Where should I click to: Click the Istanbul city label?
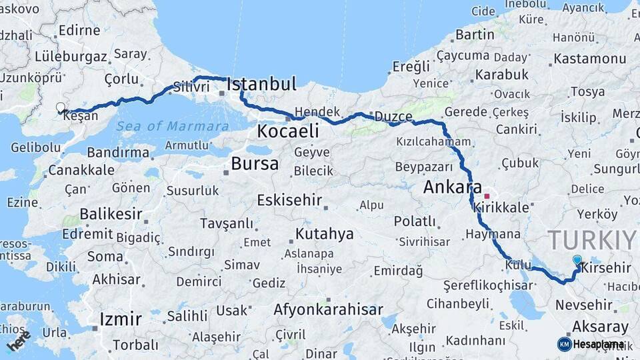(x=261, y=84)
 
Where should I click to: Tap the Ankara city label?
(x=453, y=187)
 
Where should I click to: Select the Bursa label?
(x=255, y=163)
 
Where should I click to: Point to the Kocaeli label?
(x=288, y=131)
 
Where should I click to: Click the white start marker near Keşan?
(x=61, y=107)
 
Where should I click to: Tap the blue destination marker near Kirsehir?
(x=577, y=261)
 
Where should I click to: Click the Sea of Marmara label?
(x=173, y=126)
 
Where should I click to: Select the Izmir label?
(x=120, y=319)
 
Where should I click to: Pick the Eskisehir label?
(x=289, y=200)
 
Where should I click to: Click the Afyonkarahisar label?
(x=328, y=310)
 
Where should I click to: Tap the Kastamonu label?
(x=590, y=59)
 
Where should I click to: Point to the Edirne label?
(x=79, y=30)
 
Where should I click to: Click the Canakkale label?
(x=81, y=170)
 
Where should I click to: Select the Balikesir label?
(x=111, y=214)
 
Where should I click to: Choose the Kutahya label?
(x=324, y=233)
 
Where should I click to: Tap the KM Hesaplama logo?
(x=591, y=344)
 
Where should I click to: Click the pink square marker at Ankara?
(x=487, y=196)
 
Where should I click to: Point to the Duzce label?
(x=393, y=117)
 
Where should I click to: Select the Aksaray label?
(x=600, y=327)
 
